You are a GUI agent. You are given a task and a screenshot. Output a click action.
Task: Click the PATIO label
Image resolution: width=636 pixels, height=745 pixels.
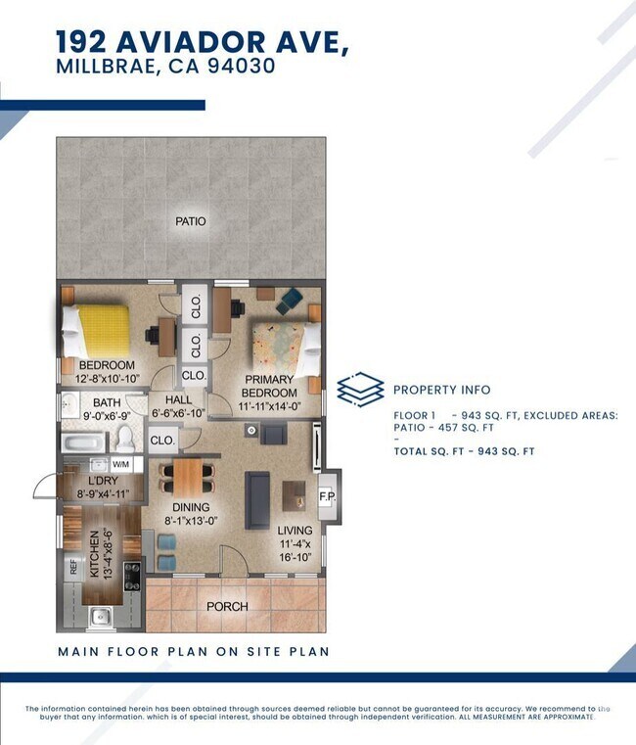click(191, 221)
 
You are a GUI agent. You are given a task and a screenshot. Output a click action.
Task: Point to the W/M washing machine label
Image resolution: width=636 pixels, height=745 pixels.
click(122, 464)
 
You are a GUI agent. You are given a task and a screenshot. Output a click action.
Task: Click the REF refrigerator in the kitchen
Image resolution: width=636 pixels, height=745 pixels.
click(72, 567)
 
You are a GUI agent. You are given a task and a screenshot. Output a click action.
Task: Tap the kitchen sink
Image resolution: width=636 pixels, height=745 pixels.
click(99, 616)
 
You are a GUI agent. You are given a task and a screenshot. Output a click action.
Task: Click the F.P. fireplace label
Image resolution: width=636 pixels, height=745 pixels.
click(328, 495)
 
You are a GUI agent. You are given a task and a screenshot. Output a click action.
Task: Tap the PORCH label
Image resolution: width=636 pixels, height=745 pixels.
click(226, 607)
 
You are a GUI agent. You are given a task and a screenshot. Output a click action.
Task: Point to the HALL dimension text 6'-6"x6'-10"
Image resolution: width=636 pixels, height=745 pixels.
click(179, 413)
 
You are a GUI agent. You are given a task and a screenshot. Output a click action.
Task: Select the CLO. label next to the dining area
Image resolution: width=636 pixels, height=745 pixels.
click(162, 441)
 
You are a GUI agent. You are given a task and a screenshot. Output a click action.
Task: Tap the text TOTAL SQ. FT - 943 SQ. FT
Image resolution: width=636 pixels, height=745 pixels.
click(464, 451)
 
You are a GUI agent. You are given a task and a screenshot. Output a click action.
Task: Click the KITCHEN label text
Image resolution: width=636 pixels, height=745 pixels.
click(96, 552)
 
